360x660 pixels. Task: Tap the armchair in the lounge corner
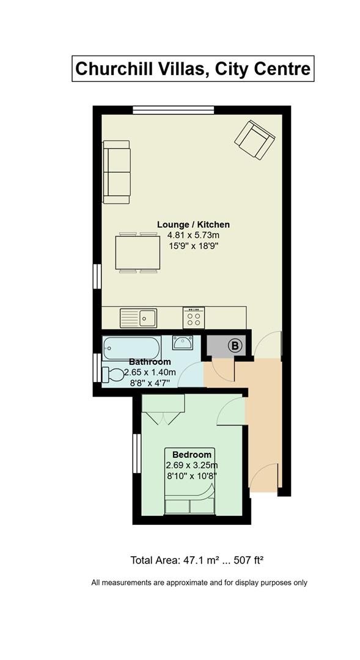[255, 140]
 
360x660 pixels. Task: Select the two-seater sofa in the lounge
[117, 172]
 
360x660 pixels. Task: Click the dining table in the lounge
[138, 252]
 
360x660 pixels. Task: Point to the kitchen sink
[139, 318]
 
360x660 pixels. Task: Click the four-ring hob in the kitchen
[194, 318]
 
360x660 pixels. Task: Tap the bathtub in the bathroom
[132, 348]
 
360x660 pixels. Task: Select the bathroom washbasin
[183, 342]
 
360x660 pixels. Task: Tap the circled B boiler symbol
[235, 346]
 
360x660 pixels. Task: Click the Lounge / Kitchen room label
[193, 224]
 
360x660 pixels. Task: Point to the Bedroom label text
[191, 455]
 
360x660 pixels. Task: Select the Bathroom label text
[150, 362]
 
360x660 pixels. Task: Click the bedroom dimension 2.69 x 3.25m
[191, 465]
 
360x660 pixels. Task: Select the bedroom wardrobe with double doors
[163, 409]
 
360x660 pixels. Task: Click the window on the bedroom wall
[136, 453]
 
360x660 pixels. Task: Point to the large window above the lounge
[174, 110]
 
